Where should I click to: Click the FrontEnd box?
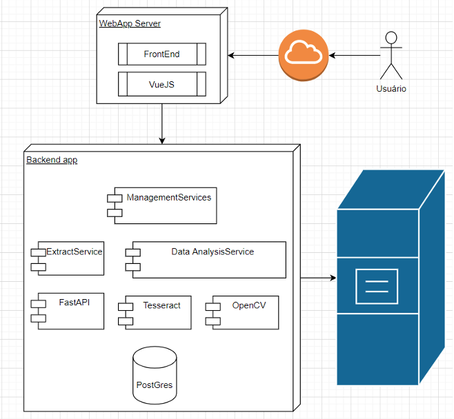click(162, 54)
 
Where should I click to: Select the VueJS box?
click(162, 83)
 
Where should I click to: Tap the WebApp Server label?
click(130, 23)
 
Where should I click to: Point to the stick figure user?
click(392, 55)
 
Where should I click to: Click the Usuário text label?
click(391, 89)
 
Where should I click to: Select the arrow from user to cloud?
click(355, 54)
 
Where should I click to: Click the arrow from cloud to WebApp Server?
click(253, 54)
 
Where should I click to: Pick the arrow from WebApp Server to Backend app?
click(162, 124)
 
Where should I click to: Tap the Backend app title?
click(52, 160)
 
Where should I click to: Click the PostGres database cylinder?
click(154, 376)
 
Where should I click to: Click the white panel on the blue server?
click(376, 286)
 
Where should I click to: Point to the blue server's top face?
click(390, 189)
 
